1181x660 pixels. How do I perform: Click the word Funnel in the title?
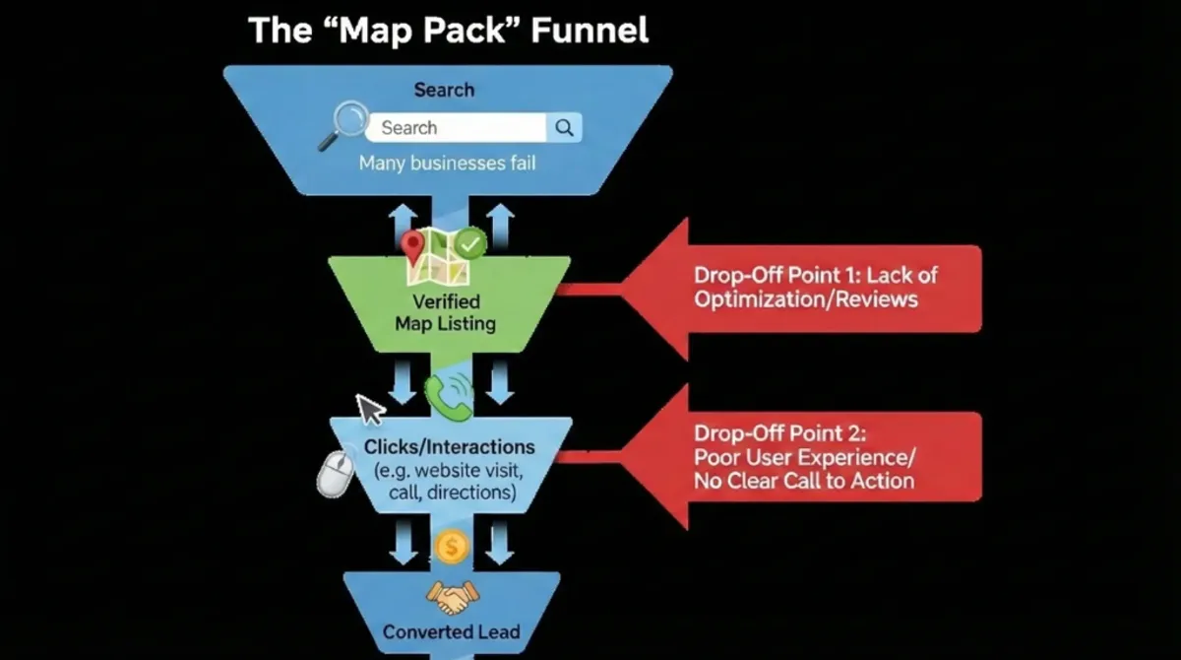coord(590,30)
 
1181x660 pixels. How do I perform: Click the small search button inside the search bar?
coord(564,127)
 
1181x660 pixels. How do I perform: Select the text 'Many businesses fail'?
coord(447,163)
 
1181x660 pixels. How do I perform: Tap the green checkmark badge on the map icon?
coord(471,242)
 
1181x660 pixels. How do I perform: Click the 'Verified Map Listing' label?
coord(446,311)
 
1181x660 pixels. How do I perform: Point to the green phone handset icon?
coord(448,393)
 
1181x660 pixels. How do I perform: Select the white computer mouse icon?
coord(334,473)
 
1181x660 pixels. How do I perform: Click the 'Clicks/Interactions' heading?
coord(449,447)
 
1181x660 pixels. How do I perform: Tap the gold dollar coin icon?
coord(451,547)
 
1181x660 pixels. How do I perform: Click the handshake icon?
coord(451,594)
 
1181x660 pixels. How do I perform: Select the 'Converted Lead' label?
coord(451,631)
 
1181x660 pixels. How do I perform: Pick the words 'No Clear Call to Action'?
coord(804,481)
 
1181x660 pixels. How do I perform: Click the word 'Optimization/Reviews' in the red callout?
coord(805,298)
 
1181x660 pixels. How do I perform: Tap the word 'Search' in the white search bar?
coord(409,127)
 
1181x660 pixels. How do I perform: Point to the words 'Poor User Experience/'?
coord(804,457)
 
